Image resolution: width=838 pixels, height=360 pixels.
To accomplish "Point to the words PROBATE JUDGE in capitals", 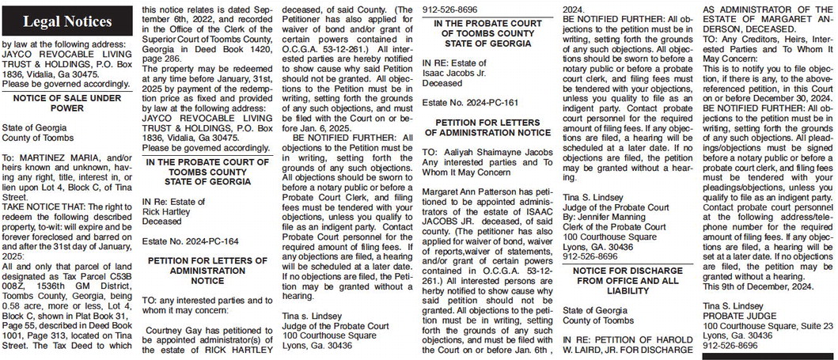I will pos(737,315).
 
